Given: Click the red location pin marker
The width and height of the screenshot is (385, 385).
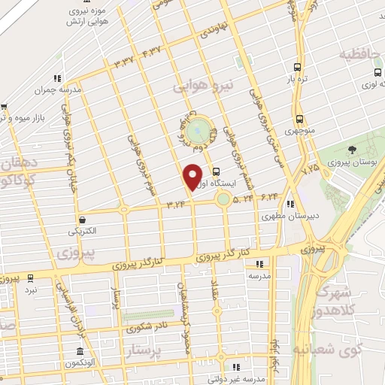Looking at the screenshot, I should pyautogui.click(x=194, y=175).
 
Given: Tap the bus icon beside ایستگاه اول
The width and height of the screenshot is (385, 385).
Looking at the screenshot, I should pyautogui.click(x=217, y=171).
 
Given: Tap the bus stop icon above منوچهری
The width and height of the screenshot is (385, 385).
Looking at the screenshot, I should pyautogui.click(x=300, y=119).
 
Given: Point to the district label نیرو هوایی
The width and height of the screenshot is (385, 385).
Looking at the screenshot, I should pyautogui.click(x=205, y=86).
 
